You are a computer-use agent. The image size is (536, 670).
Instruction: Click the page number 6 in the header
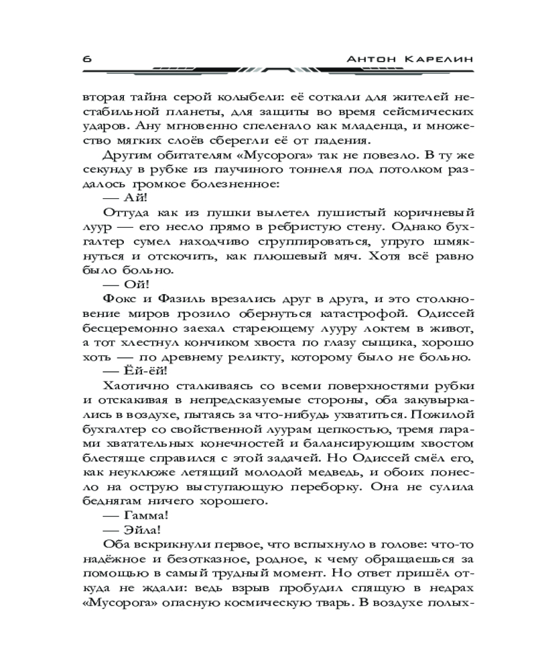point(88,58)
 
